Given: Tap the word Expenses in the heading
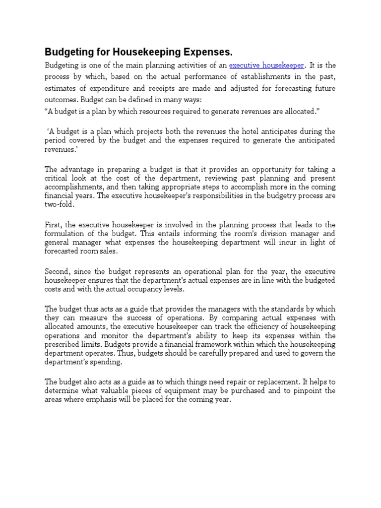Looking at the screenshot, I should (207, 52).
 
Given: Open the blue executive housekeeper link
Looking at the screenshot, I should (266, 65).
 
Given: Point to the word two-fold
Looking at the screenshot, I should (60, 204).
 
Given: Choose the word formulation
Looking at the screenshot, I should (67, 233).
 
